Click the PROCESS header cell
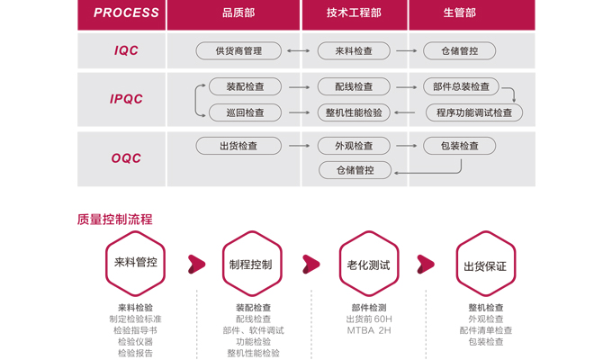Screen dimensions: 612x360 click(x=121, y=14)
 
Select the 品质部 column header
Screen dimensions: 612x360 click(x=233, y=14)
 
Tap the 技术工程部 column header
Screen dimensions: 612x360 click(x=355, y=14)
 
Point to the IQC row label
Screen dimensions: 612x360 click(x=126, y=50)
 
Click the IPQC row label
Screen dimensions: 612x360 click(x=126, y=99)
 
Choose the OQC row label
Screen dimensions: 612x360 click(x=126, y=158)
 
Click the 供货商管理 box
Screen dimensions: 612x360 click(x=238, y=50)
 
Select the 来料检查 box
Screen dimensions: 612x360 click(x=354, y=50)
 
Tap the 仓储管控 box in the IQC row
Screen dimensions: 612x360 click(x=459, y=50)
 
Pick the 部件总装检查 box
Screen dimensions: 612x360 click(x=461, y=86)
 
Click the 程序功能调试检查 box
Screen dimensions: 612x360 click(x=473, y=112)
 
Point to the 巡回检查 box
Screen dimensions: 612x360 click(x=245, y=112)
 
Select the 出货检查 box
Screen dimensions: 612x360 click(x=238, y=146)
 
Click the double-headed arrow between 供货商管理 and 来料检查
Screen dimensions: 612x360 click(x=299, y=50)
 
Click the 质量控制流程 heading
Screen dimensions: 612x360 click(x=115, y=220)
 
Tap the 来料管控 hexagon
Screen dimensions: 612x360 click(x=135, y=263)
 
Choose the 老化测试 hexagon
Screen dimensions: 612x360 click(x=369, y=263)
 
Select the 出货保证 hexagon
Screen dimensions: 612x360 click(x=485, y=263)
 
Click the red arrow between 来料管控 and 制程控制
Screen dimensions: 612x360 click(x=196, y=265)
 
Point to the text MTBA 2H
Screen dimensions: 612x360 click(x=369, y=330)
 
